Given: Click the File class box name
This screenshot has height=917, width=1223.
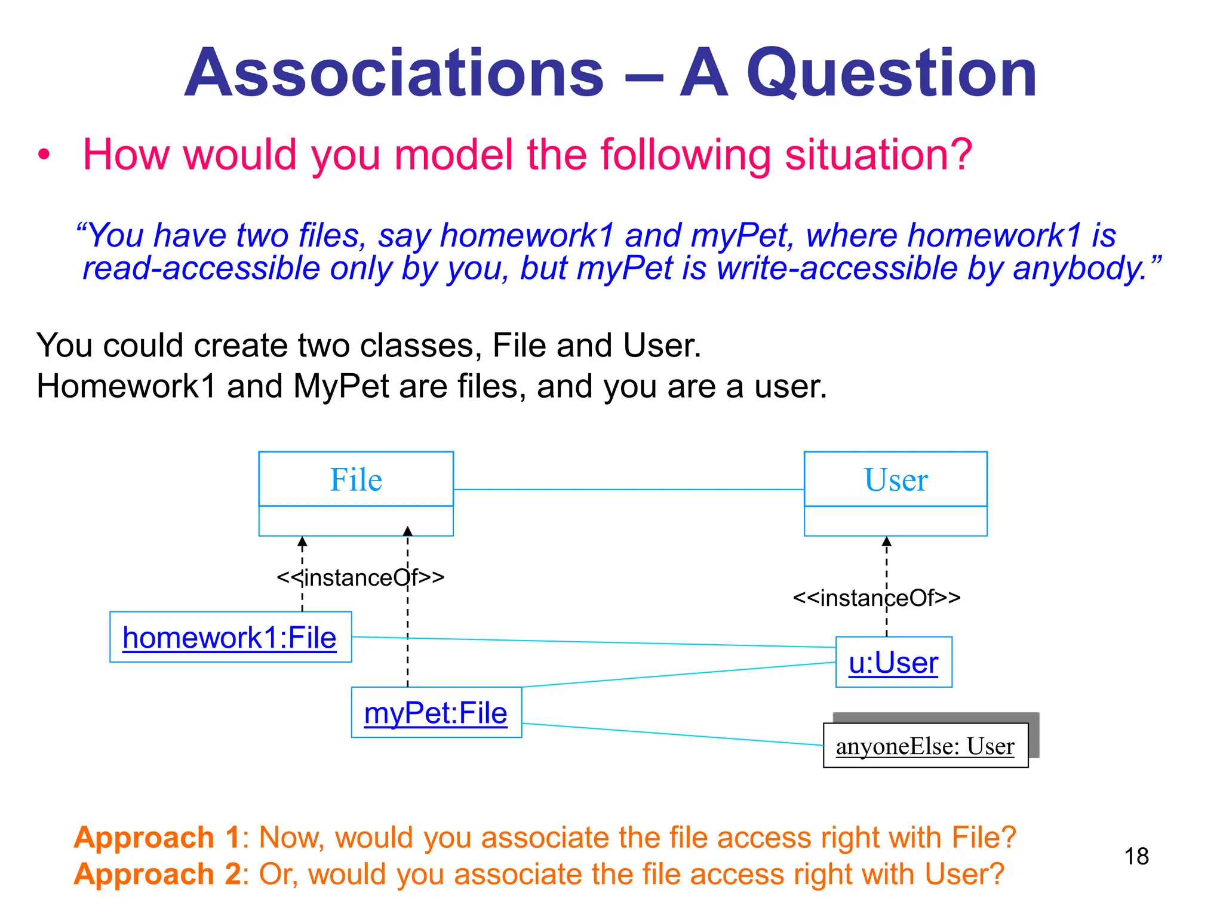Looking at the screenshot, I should coord(356,479).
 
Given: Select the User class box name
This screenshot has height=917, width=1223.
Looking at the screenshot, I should coord(895,479).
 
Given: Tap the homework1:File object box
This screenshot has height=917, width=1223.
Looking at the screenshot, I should coord(231,637).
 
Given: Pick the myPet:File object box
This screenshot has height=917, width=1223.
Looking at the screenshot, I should coord(436,713).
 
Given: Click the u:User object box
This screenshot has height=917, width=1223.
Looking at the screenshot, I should coord(893,663).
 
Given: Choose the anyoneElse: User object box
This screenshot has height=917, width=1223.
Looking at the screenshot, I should coord(925,746).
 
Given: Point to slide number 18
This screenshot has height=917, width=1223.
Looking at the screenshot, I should coord(1136,856).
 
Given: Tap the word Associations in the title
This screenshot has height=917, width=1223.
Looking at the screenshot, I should coord(394,73).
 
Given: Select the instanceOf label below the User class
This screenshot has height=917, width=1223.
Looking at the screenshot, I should coord(877,598).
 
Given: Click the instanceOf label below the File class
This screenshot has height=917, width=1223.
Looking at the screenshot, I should coord(361,577).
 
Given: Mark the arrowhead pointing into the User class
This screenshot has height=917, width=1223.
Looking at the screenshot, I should coord(887,541).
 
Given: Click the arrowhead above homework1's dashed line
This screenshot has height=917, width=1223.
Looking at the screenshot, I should coord(302,541).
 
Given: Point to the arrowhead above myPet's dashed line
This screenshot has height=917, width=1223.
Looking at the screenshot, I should coord(408,531).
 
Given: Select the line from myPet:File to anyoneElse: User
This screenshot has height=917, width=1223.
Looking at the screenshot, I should coord(672,734).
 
